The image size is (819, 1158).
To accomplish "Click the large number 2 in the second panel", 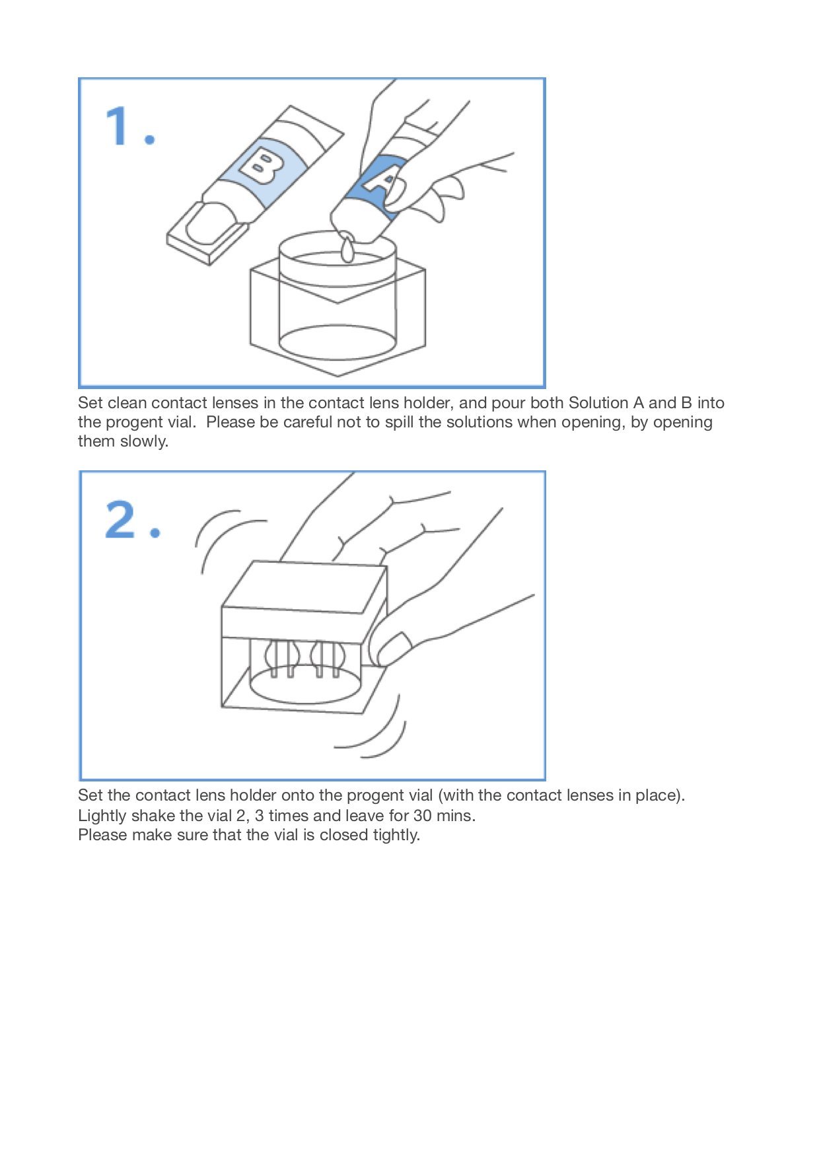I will point(121,520).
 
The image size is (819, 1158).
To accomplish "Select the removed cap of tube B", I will point(208,231).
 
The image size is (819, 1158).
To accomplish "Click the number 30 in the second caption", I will point(422,816).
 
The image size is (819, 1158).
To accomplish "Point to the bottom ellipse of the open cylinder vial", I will point(338,342).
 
